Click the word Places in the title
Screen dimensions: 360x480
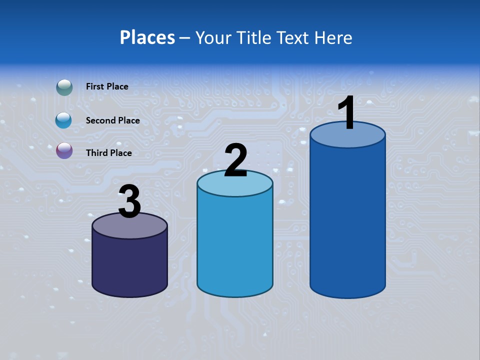147,37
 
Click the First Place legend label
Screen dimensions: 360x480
107,86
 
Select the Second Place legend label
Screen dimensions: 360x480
112,120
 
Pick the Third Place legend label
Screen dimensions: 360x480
108,153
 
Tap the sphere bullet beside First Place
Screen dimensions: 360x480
64,87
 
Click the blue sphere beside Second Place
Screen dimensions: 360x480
63,120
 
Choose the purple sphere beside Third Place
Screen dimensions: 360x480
64,150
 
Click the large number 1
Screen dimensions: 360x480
346,113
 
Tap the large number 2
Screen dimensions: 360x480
235,160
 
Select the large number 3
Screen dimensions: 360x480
130,201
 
